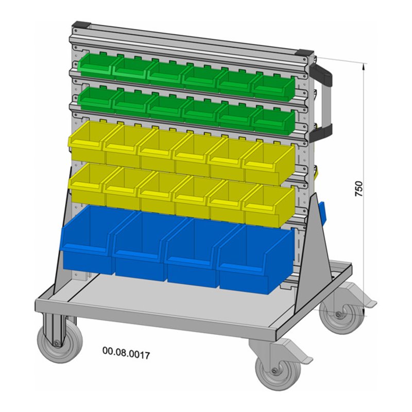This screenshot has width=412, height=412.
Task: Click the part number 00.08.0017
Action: tap(126, 353)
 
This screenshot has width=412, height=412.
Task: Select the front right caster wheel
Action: tap(278, 371)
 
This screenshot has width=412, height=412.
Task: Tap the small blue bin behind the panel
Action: tap(322, 212)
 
